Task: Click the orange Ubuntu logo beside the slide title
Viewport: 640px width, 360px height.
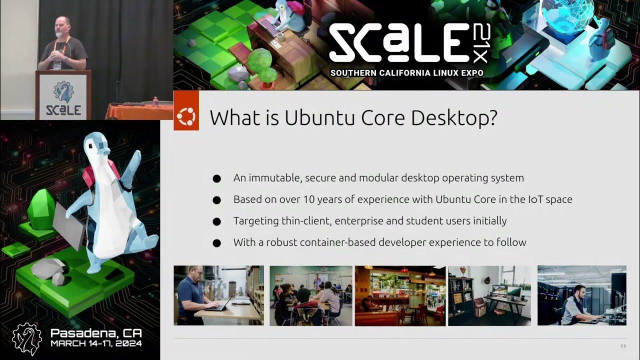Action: click(x=186, y=117)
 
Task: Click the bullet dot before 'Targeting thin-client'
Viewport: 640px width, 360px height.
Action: click(x=216, y=221)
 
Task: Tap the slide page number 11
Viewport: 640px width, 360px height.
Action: click(x=622, y=346)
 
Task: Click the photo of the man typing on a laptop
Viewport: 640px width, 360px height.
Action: click(x=218, y=295)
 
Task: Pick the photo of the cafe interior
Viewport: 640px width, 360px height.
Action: click(x=400, y=295)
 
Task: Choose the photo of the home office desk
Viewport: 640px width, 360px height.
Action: click(x=489, y=295)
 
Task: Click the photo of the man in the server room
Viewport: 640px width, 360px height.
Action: click(x=581, y=295)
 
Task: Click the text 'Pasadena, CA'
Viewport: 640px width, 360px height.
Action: click(x=96, y=333)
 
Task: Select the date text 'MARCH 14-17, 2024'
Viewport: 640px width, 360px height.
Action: click(x=96, y=343)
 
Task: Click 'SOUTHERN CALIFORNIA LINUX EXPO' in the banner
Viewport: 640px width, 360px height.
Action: click(x=406, y=73)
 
